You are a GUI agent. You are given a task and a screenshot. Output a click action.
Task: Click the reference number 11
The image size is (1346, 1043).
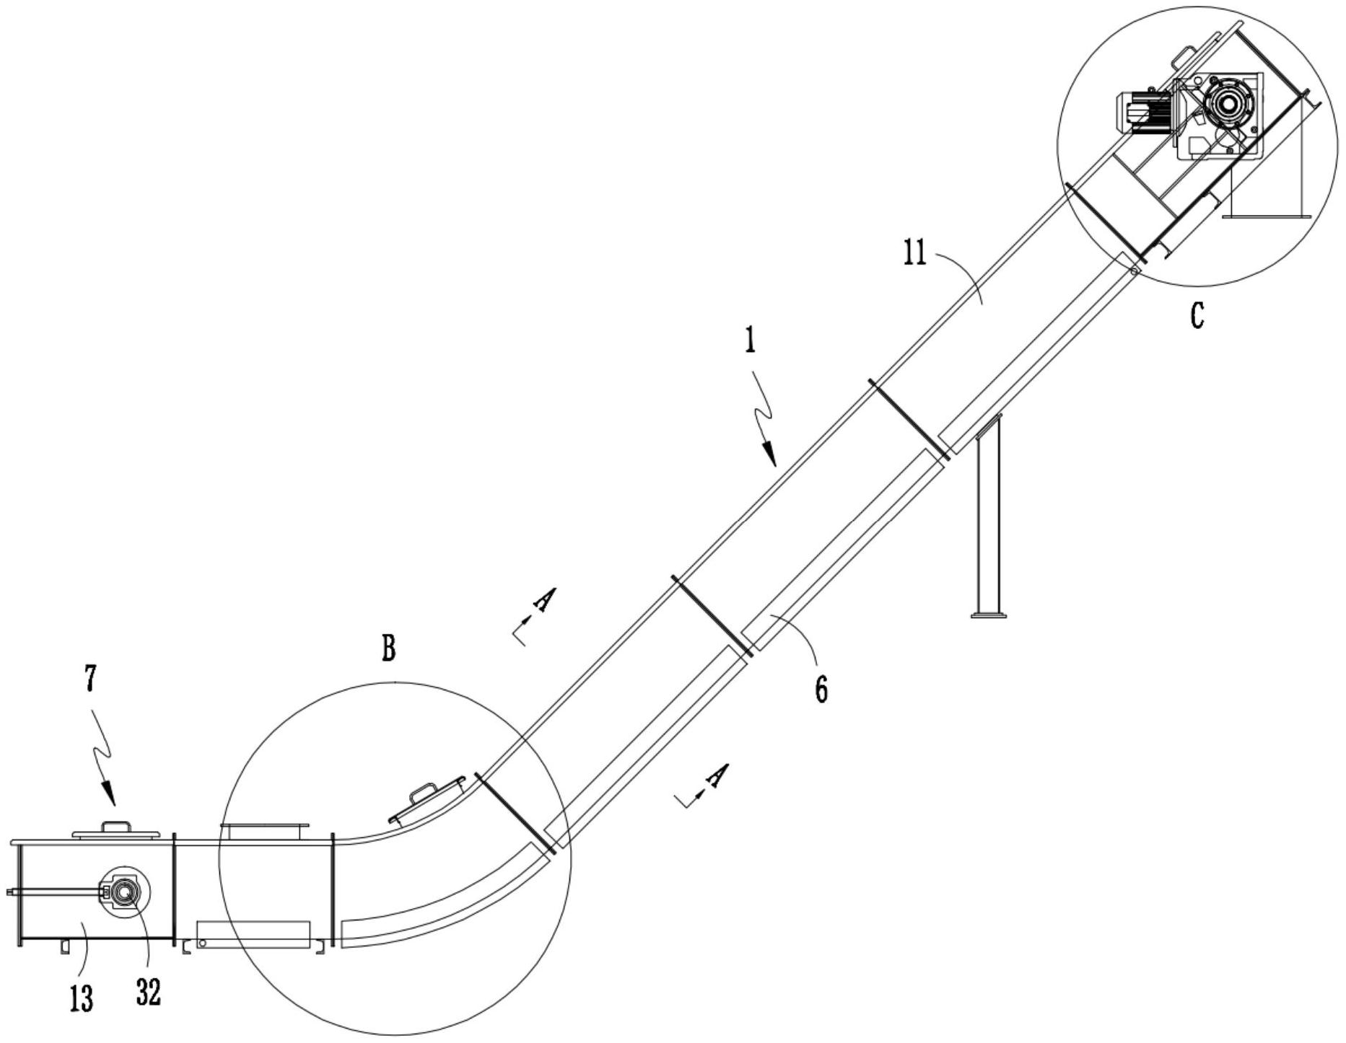coord(914,255)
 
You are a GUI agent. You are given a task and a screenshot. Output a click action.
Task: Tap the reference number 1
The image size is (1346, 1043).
coord(751,340)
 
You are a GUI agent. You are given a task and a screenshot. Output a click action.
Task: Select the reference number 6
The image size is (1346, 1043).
coord(821,690)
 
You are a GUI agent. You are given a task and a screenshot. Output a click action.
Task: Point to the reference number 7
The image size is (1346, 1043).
coord(89,680)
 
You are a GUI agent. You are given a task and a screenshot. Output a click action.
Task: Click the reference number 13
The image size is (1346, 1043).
coord(82,999)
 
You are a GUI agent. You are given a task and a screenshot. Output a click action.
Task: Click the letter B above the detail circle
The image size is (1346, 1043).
coord(389,648)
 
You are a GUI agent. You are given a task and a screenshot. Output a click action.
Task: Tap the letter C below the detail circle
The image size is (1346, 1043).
coord(1197,315)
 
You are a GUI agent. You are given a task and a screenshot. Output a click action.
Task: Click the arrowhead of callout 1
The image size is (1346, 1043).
coord(771,455)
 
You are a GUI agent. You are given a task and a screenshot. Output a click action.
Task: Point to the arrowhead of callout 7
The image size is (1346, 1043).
coord(109,795)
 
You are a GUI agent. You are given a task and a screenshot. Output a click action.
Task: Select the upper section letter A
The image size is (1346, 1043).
coord(546,599)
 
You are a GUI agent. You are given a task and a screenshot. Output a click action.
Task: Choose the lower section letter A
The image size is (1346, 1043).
coord(717,775)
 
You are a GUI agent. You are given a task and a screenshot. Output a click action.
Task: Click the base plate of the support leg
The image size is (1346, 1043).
coord(989,615)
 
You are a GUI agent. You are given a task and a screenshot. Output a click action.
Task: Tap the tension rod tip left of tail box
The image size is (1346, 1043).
coord(10,893)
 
